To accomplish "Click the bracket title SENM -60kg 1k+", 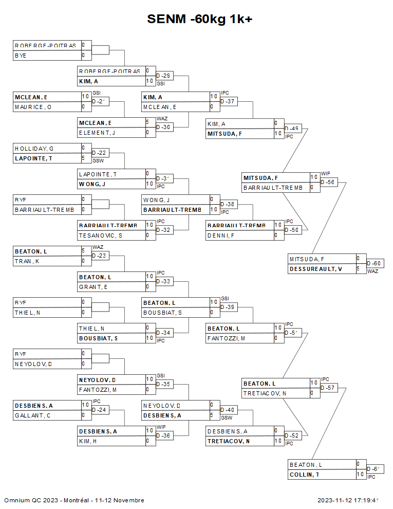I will click(x=200, y=20).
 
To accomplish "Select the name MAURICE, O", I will click(x=33, y=107).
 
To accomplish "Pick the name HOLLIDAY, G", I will click(x=34, y=149).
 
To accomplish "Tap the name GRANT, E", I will click(x=93, y=287).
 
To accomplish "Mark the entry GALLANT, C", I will click(x=32, y=415).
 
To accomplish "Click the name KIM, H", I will click(x=88, y=441).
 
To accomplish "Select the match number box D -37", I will click(x=228, y=102).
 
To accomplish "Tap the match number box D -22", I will click(x=100, y=153).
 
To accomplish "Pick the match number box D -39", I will click(x=228, y=307).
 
